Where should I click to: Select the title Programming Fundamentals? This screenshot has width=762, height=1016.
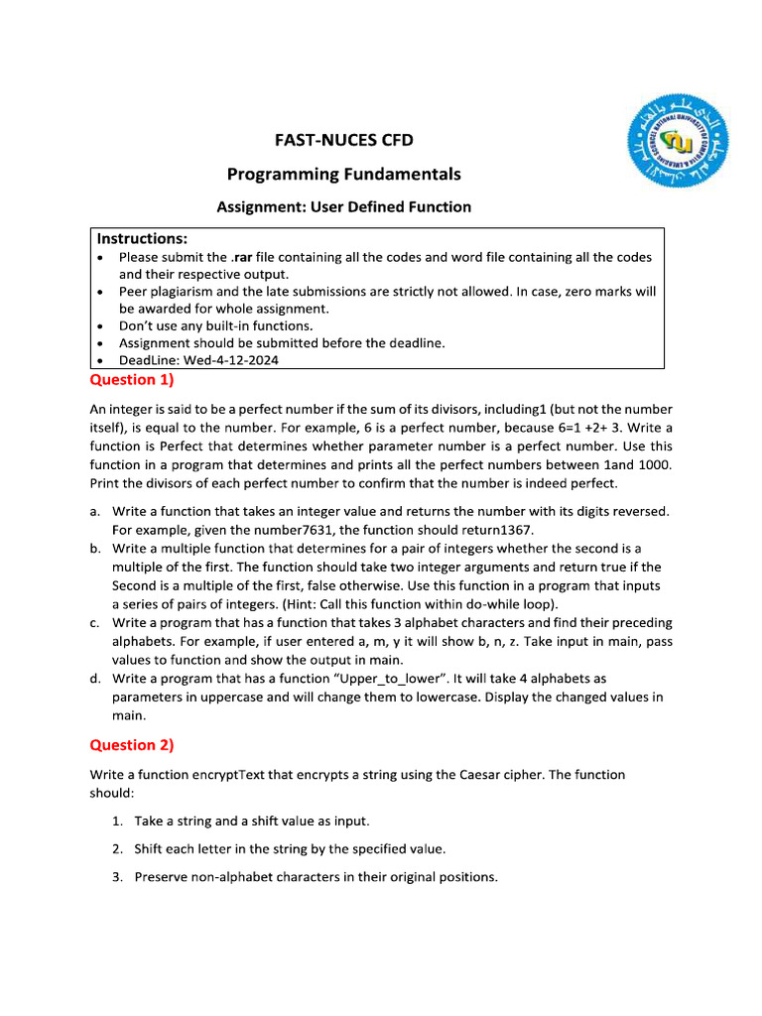coord(343,175)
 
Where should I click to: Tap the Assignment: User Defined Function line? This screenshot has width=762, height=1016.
coord(343,207)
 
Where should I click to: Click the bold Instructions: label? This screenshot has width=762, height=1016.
coord(142,239)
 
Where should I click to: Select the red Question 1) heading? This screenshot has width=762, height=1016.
coord(131,380)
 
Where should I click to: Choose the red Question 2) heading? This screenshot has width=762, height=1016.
coord(131,745)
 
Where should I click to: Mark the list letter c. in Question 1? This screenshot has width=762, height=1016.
coord(94,623)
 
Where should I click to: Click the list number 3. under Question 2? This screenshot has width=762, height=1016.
coord(117,877)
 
